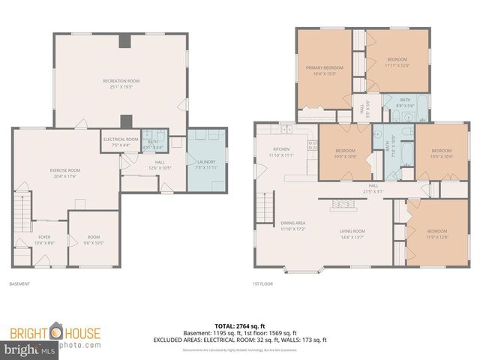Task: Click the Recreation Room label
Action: (x=121, y=83)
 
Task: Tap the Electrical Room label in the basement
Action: (x=120, y=141)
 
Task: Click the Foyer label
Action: (x=44, y=241)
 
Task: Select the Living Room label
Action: (x=352, y=233)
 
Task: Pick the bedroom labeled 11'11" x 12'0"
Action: (x=397, y=62)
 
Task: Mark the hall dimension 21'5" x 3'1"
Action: (x=373, y=190)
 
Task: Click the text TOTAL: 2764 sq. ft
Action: (x=240, y=326)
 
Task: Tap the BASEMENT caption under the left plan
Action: (x=19, y=284)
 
